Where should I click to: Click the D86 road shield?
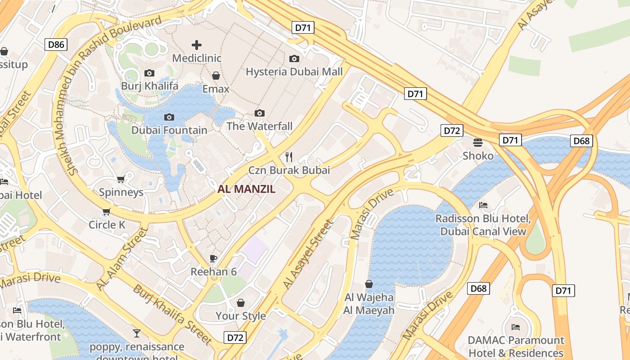[x=56, y=44]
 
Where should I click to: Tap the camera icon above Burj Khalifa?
[x=149, y=73]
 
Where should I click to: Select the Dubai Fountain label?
[x=169, y=130]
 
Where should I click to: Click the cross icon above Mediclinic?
[x=197, y=45]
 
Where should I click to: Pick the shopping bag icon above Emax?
[x=216, y=76]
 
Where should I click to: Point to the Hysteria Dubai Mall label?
[x=294, y=72]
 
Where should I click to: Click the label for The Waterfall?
[x=260, y=126]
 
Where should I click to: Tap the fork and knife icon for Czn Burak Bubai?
[x=289, y=157]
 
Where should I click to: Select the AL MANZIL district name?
[x=246, y=189]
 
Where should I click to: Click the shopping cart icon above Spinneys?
[x=121, y=180]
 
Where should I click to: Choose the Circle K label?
[x=107, y=225]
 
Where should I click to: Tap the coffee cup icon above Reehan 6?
[x=213, y=258]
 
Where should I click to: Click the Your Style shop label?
[x=241, y=316]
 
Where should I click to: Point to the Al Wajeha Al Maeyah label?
[x=369, y=304]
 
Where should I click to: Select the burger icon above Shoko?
[x=478, y=143]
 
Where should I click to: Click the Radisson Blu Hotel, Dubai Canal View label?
[x=483, y=225]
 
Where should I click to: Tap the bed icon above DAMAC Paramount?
[x=516, y=327]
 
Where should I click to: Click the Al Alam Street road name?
[x=122, y=259]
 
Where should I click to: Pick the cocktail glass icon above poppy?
[x=137, y=333]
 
